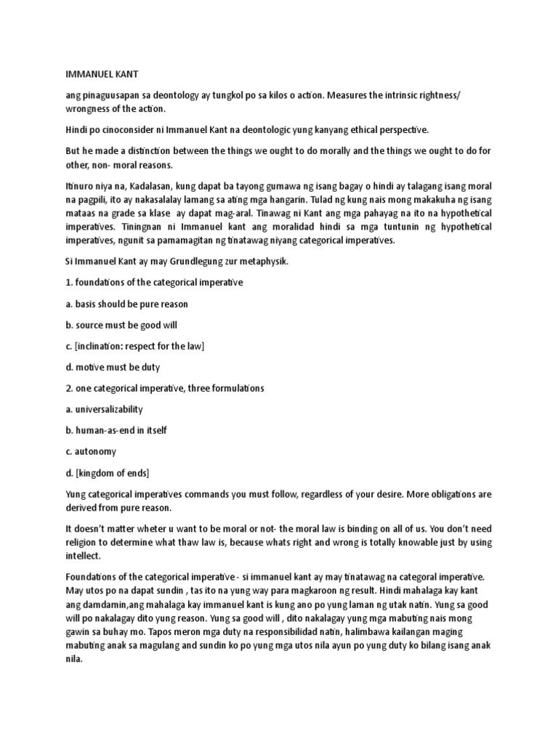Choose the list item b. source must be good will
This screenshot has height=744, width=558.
121,325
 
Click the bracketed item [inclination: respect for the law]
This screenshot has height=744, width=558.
134,346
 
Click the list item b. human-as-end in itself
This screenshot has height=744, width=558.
116,430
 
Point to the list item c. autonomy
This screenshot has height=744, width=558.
91,451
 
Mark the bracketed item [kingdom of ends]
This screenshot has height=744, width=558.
108,472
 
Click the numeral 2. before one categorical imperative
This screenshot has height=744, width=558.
69,388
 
